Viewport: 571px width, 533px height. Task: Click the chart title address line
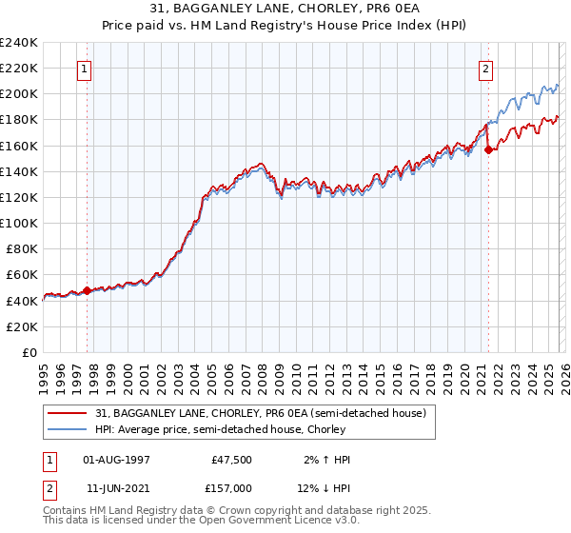point(285,8)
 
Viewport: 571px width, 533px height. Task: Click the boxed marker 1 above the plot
point(85,69)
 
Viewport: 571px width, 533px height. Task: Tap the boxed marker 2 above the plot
point(486,69)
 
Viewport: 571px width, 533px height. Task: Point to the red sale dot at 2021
point(488,149)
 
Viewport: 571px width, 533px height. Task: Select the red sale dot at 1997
point(87,290)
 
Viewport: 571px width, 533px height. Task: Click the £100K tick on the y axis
point(19,223)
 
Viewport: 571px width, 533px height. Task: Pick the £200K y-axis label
point(19,94)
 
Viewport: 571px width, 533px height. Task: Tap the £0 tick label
point(30,352)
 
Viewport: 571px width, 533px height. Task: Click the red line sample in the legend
point(68,412)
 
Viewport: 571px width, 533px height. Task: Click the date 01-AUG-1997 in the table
point(116,460)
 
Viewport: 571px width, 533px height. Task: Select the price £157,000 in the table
point(233,488)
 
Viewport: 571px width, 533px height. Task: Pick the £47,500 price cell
point(233,460)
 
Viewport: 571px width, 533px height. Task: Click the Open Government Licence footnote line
point(201,523)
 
